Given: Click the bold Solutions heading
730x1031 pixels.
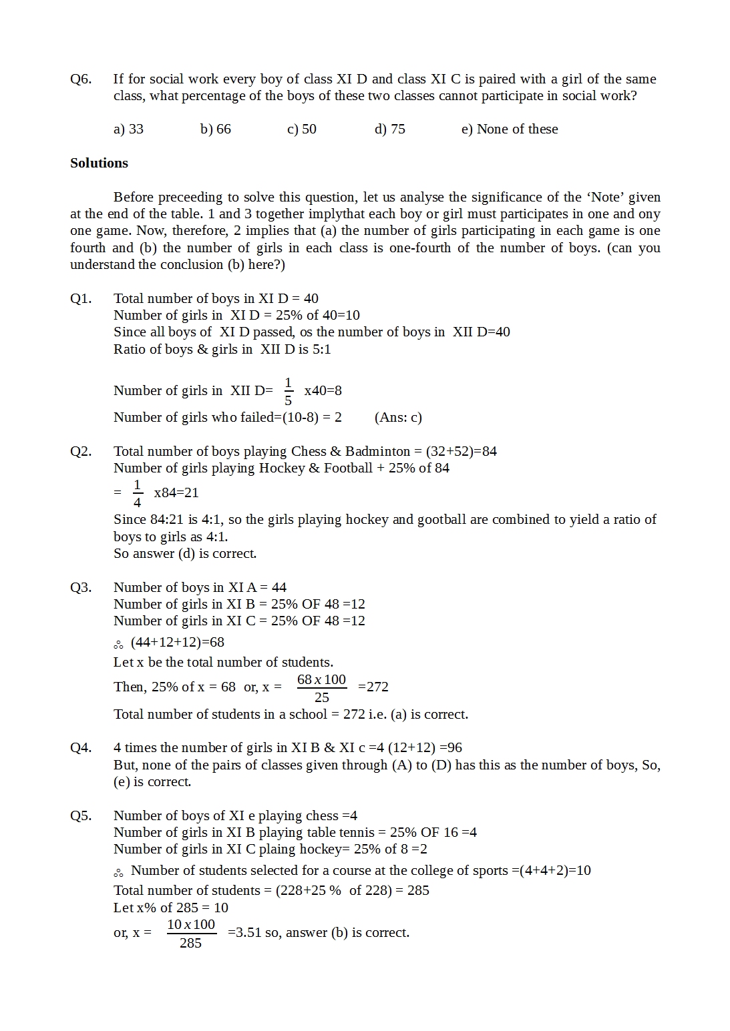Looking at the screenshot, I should (99, 163).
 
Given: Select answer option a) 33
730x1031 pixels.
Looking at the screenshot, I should (128, 129).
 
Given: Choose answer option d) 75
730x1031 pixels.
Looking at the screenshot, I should (389, 129).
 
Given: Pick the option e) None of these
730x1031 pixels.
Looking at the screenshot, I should (509, 129).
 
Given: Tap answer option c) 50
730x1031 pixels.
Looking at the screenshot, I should (301, 129).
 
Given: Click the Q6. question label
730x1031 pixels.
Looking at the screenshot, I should (81, 79).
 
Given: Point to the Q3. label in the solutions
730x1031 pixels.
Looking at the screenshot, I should (81, 587).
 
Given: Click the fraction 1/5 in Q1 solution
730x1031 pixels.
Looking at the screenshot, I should (288, 391).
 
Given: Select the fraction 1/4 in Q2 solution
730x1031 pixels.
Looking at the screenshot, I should (137, 493).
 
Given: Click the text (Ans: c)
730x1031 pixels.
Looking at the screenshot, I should (398, 417).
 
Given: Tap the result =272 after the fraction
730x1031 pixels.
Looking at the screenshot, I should (373, 687).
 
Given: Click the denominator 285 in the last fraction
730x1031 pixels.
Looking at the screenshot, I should (190, 943).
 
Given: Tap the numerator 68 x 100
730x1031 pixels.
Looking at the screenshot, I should (321, 679).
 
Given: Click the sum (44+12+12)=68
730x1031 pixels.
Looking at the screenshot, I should (177, 642).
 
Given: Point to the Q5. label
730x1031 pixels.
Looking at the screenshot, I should (81, 815).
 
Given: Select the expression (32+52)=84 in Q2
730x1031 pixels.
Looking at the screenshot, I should (461, 451).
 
